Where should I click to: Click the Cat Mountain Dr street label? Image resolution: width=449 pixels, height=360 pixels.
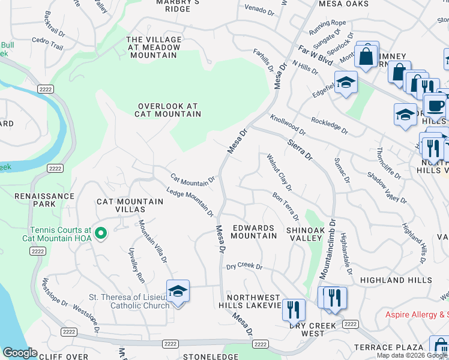tap(193, 179)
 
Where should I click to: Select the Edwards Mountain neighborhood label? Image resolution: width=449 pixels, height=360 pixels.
tap(254, 232)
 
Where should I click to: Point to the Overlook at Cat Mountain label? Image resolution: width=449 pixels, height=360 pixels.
tap(167, 110)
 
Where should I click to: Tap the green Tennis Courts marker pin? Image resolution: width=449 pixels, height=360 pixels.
tap(101, 233)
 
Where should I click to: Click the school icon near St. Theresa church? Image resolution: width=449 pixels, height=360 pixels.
tap(178, 292)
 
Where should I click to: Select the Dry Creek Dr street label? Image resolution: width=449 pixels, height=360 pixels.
tap(244, 266)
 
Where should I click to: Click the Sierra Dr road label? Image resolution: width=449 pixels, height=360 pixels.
tap(300, 149)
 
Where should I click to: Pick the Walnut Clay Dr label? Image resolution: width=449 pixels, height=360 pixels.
tap(279, 172)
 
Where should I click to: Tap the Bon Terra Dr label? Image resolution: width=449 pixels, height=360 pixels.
tap(285, 206)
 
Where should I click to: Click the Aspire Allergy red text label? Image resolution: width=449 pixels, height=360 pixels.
tap(417, 314)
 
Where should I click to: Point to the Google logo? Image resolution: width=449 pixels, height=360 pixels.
tap(20, 353)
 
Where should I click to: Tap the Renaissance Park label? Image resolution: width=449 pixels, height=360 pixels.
tap(44, 200)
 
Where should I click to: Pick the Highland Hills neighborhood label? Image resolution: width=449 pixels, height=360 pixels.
tap(396, 280)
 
